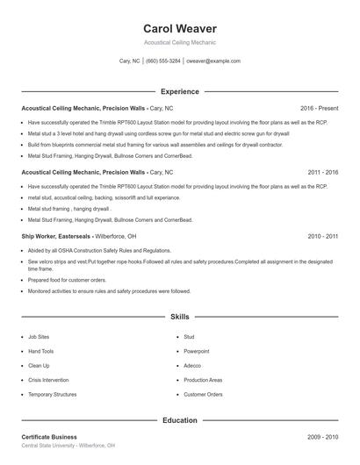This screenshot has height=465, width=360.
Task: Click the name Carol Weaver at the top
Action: pyautogui.click(x=180, y=28)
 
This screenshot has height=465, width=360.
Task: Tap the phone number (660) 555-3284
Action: pyautogui.click(x=163, y=61)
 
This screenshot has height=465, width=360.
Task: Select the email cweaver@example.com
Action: pyautogui.click(x=213, y=61)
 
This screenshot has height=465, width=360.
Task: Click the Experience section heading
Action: pyautogui.click(x=180, y=91)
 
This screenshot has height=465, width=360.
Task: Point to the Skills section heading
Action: pyautogui.click(x=180, y=316)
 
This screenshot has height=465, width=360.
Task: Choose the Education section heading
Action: pyautogui.click(x=180, y=420)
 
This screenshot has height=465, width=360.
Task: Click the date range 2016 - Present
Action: pyautogui.click(x=319, y=108)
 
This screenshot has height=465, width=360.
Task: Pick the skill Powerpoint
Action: pyautogui.click(x=198, y=351)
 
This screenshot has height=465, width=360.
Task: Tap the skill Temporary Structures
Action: pyautogui.click(x=53, y=394)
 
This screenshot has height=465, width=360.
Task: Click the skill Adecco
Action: pyautogui.click(x=192, y=365)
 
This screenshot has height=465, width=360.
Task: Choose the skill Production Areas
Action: pyautogui.click(x=203, y=380)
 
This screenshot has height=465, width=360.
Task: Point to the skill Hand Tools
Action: pyautogui.click(x=41, y=351)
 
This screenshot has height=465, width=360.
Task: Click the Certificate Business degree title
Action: pyautogui.click(x=49, y=436)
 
